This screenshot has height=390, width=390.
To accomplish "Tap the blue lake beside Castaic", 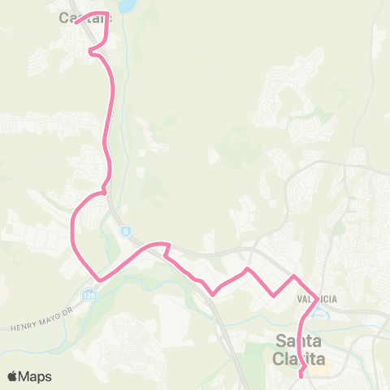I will pos(127,6).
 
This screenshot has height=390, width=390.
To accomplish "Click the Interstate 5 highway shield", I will pos(126,232).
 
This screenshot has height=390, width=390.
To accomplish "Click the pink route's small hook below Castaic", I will pos(92,52).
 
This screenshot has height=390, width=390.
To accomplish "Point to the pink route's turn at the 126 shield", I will pos(98,280).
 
